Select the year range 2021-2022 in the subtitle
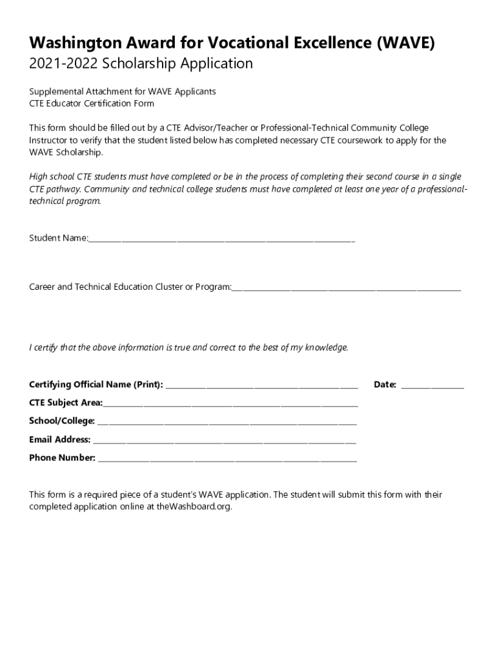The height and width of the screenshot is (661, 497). tap(59, 64)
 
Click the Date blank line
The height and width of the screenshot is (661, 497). tap(432, 386)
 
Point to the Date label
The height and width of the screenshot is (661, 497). tap(385, 385)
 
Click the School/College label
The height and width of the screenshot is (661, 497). tap(62, 421)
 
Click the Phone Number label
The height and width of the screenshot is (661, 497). tap(62, 458)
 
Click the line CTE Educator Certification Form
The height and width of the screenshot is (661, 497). tap(92, 103)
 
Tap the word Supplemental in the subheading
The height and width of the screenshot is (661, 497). tap(55, 92)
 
